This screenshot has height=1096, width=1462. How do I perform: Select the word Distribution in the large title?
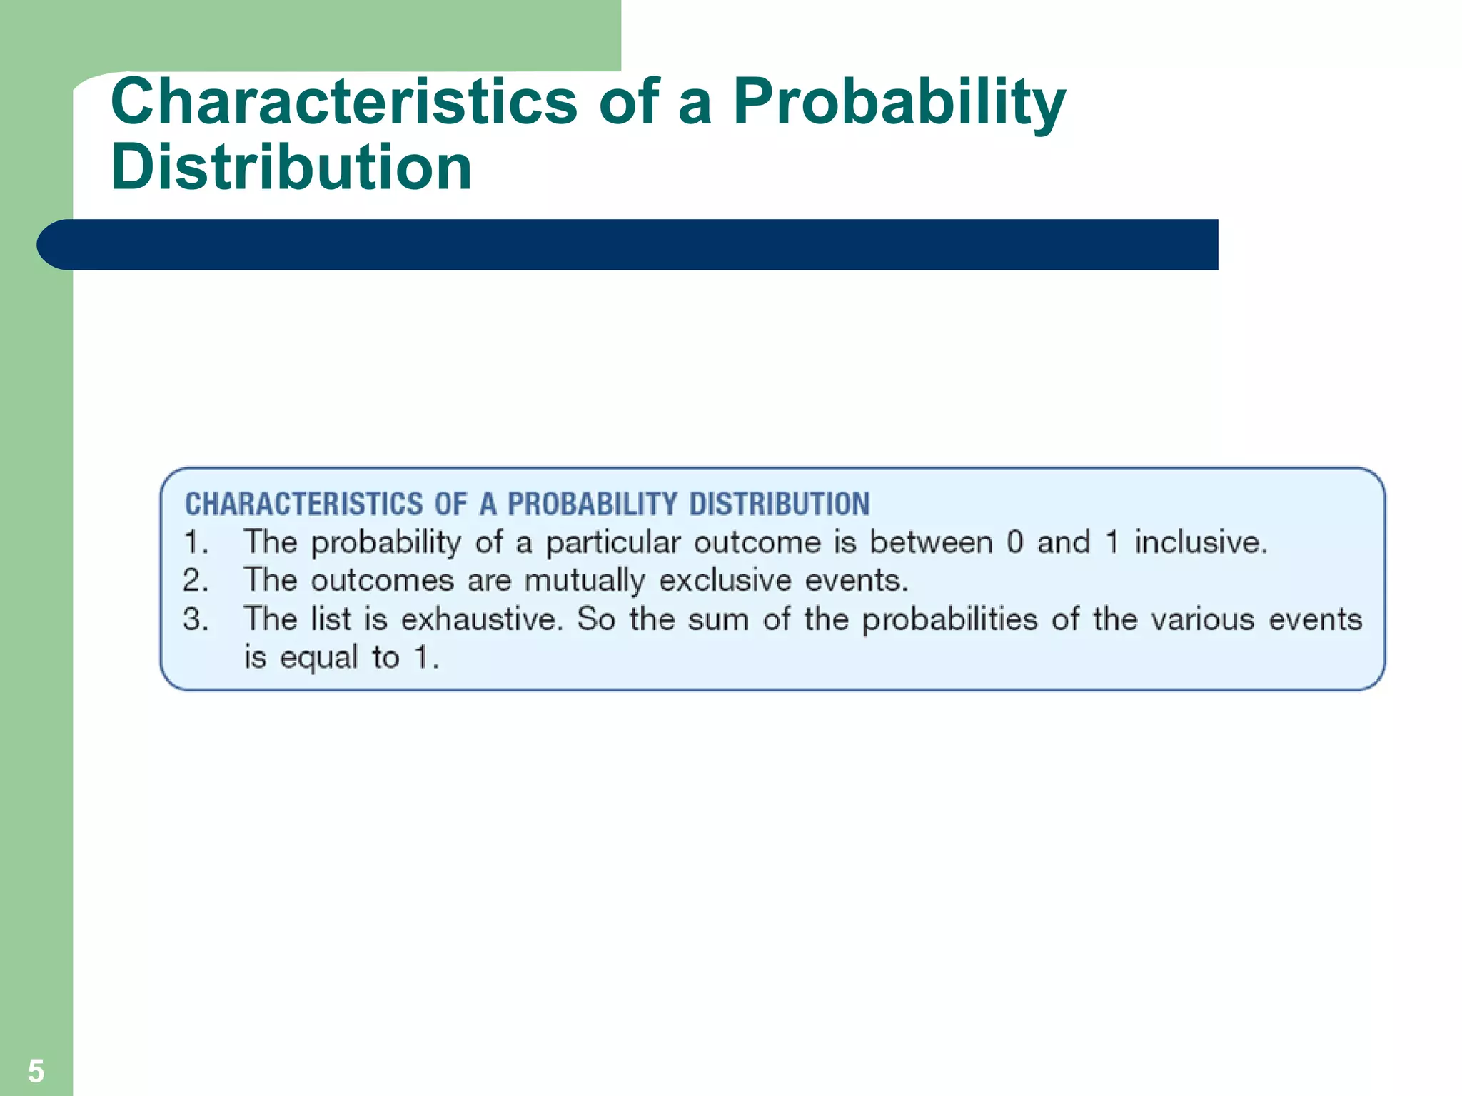pos(291,167)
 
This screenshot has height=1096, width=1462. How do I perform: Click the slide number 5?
pos(36,1071)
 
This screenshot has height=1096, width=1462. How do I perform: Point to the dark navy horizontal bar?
pos(628,245)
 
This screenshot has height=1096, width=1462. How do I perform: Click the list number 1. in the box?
pos(196,542)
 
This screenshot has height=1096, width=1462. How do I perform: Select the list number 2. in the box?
pos(196,580)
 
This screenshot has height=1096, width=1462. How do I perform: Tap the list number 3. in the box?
pos(196,619)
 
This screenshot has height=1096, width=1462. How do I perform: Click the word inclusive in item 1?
pos(1201,542)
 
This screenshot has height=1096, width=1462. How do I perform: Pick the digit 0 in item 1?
pos(1014,542)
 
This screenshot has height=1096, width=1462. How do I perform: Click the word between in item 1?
pos(931,542)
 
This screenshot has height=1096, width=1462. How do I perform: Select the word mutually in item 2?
pos(585,581)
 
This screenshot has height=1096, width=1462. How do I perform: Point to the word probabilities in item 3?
pos(949,619)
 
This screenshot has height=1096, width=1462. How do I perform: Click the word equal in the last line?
pos(318,658)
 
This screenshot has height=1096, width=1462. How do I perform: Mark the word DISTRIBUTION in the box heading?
pos(780,504)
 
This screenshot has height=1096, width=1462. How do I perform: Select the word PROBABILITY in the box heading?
pos(592,504)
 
